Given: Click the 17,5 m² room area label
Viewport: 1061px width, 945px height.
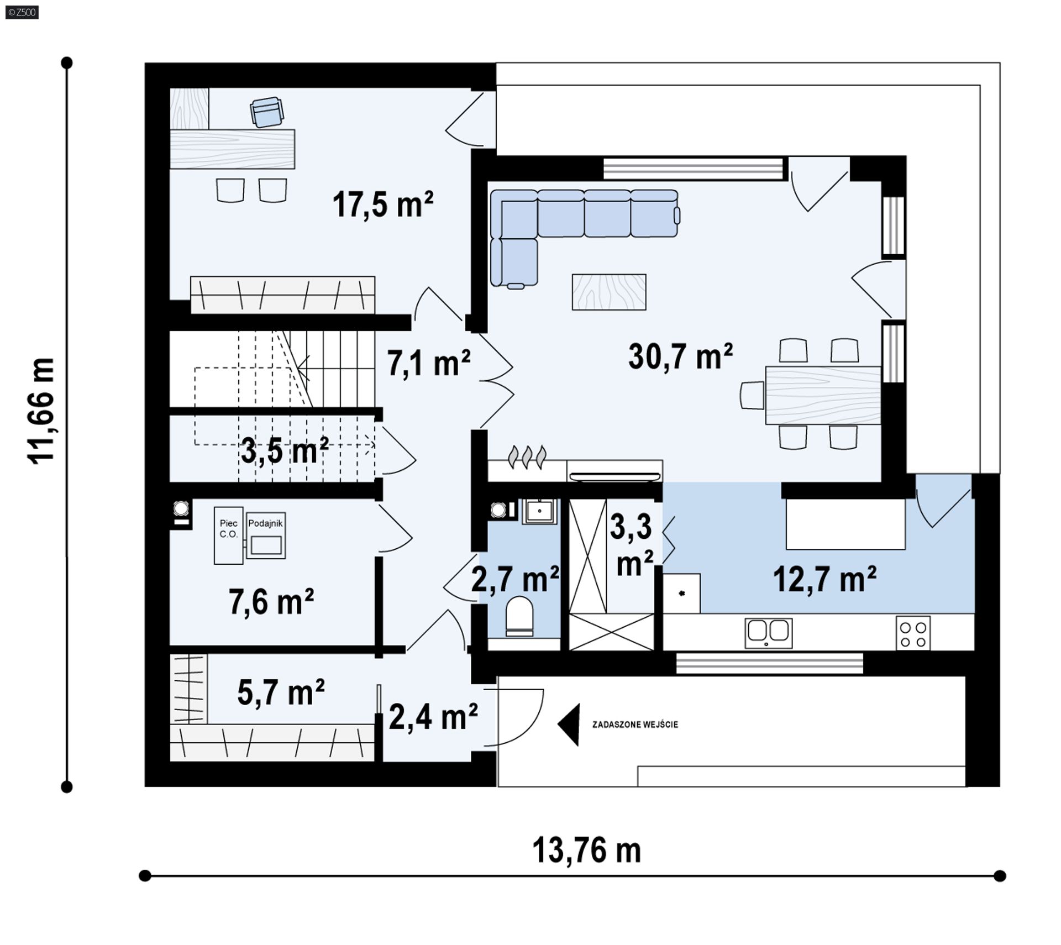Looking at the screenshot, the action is pyautogui.click(x=383, y=204).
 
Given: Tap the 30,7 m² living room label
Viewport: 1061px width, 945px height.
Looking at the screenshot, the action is pyautogui.click(x=680, y=356).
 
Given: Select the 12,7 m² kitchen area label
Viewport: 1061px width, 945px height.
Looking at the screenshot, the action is pyautogui.click(x=824, y=579).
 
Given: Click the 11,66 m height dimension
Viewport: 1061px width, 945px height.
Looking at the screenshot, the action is pyautogui.click(x=41, y=411).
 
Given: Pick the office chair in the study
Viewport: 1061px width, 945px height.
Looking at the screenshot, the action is pyautogui.click(x=267, y=112).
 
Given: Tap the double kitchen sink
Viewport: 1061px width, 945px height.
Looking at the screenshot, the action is pyautogui.click(x=768, y=633).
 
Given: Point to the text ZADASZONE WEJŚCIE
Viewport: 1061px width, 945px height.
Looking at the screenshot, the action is pyautogui.click(x=635, y=725).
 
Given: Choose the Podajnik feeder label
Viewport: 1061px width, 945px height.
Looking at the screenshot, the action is pyautogui.click(x=265, y=523).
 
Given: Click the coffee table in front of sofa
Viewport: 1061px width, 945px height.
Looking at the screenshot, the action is pyautogui.click(x=609, y=292).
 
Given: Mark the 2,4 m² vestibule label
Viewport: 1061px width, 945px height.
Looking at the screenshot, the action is pyautogui.click(x=433, y=716).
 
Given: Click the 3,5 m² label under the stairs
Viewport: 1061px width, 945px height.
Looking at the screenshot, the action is pyautogui.click(x=285, y=450).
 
